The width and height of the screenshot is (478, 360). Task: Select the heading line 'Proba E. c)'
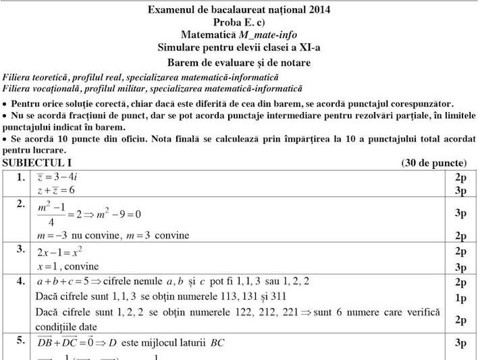pos(238,22)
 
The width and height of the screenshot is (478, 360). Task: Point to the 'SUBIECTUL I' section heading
pos(37,163)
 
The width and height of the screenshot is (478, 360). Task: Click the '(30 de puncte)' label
pos(434,163)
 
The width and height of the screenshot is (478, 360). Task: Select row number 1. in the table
pos(21,178)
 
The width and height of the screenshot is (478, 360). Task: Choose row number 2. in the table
pos(21,204)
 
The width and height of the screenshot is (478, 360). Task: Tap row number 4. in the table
pos(21,280)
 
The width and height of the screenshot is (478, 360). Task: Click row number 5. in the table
pos(21,341)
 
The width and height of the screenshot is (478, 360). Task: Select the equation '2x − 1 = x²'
pos(59,252)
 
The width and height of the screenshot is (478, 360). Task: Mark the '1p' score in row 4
pos(460,297)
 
